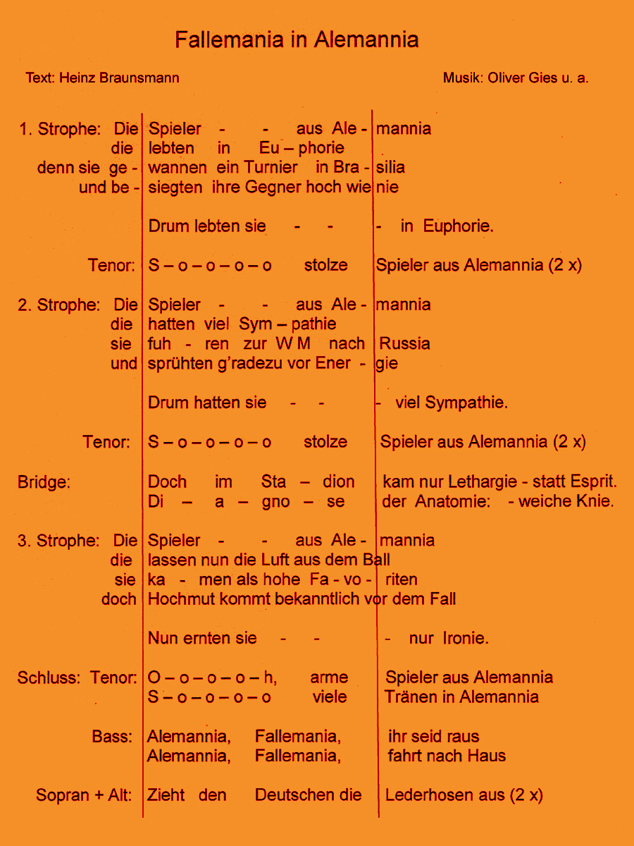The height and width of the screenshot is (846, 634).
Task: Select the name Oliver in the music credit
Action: (x=506, y=78)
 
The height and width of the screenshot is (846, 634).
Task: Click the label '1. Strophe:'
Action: (x=60, y=129)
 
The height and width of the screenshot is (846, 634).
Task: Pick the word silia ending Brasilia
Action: (x=390, y=168)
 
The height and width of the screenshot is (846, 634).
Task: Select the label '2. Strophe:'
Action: (x=59, y=305)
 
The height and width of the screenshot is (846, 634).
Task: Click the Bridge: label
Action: (x=44, y=482)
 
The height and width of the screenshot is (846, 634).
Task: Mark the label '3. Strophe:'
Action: (x=59, y=541)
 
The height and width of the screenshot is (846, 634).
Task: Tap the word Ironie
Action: (x=466, y=638)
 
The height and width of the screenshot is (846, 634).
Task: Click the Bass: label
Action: (x=112, y=737)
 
